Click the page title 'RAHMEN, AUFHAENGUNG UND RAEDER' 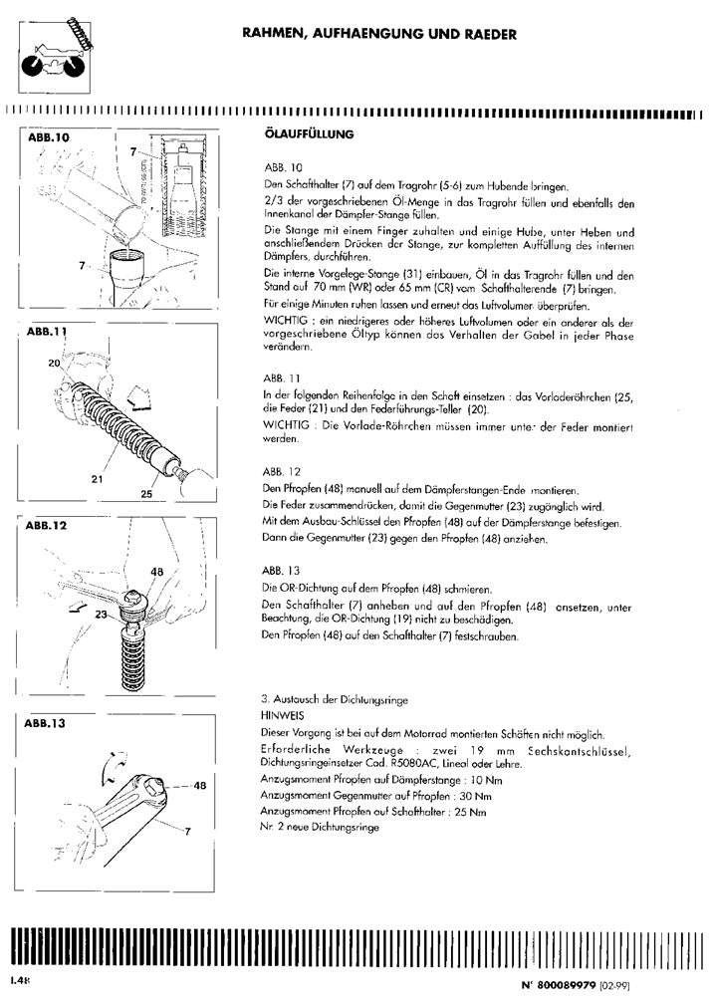click(x=378, y=34)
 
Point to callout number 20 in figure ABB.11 click(x=54, y=365)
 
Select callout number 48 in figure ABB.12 click(x=156, y=572)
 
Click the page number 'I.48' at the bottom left click(x=21, y=980)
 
